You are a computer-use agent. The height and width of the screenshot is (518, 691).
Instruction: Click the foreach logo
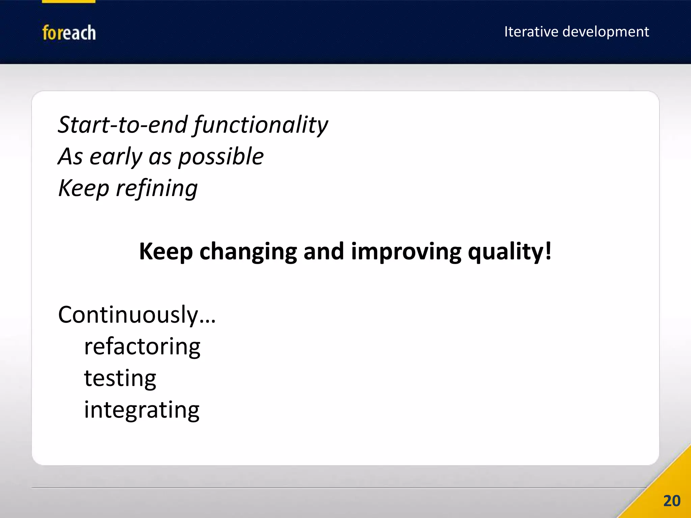point(69,33)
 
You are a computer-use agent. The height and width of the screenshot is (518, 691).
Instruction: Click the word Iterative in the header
point(531,32)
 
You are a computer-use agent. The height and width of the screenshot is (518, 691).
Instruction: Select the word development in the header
point(606,32)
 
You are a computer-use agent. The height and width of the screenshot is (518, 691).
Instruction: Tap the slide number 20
point(671,501)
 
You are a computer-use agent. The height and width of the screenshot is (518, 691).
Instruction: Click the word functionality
point(260,125)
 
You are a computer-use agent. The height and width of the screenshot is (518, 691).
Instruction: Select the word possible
point(221,157)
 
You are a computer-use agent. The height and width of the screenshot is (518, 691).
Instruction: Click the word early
point(116,157)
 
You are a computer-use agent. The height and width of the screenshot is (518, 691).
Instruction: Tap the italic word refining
point(157,188)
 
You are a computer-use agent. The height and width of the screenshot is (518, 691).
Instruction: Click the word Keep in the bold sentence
point(166,252)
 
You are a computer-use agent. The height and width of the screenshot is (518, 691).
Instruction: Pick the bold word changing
point(248,252)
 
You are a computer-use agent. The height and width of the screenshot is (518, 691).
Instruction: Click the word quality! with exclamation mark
point(509,252)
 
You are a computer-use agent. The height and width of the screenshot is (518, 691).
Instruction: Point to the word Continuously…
point(137,315)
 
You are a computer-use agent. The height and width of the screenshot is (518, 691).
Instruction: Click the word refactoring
point(142,347)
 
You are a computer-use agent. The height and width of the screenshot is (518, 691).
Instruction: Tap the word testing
point(120,378)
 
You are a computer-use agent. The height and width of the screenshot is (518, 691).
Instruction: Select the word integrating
point(142,410)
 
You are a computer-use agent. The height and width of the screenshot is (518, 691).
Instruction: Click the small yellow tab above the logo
point(68,1)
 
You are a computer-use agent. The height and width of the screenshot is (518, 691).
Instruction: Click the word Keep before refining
point(83,188)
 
